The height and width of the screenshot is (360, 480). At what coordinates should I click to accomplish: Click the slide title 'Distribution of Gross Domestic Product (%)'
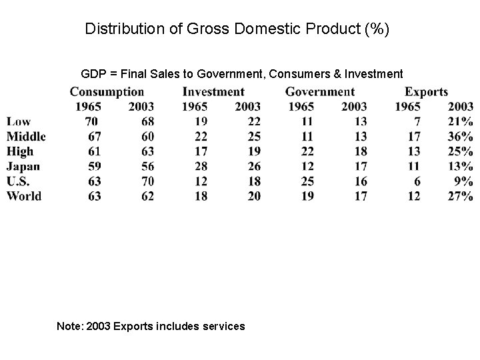click(x=237, y=29)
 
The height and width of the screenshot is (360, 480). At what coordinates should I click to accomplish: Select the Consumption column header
click(x=107, y=92)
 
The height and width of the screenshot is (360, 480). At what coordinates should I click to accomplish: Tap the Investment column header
click(x=213, y=92)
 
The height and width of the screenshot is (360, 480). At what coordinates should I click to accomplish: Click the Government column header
click(x=320, y=92)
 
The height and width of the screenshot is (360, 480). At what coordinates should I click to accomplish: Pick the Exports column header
click(x=426, y=92)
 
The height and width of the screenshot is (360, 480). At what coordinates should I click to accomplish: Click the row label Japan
click(x=23, y=166)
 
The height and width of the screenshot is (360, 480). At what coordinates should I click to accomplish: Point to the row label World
click(x=24, y=196)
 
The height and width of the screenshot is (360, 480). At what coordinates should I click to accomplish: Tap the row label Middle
click(x=26, y=137)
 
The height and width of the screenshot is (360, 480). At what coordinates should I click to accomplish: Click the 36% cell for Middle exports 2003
click(x=460, y=137)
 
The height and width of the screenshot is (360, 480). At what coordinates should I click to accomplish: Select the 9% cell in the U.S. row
click(x=463, y=181)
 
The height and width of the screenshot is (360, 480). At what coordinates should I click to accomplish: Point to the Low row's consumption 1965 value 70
click(x=92, y=121)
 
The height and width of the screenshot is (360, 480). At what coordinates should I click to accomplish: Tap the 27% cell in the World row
click(x=460, y=196)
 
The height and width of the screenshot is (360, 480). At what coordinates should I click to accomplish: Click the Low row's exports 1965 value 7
click(x=417, y=121)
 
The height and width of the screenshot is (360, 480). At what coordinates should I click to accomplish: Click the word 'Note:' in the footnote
click(x=71, y=326)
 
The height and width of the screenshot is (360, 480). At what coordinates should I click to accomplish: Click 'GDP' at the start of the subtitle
click(x=93, y=73)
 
